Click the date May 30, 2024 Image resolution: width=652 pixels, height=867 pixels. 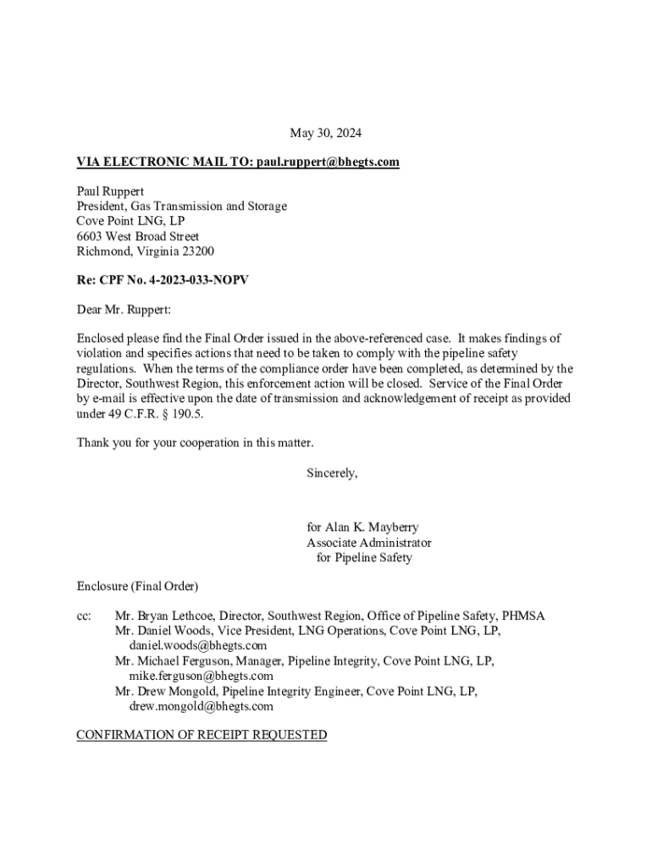pos(325,133)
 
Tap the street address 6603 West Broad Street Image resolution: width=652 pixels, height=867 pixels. pos(138,236)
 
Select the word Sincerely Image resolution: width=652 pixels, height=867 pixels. pos(332,473)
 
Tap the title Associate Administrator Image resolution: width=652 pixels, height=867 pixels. pos(368,543)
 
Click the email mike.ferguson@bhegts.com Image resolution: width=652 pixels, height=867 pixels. pos(201,676)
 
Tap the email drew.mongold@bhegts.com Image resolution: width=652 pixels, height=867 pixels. pos(201,706)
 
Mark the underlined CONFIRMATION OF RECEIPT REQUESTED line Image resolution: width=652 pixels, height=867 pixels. pos(202,735)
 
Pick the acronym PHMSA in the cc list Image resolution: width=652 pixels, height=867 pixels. pos(523,616)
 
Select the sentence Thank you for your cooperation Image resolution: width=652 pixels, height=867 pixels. pos(195,443)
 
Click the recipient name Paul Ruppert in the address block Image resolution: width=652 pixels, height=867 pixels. pos(110,191)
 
